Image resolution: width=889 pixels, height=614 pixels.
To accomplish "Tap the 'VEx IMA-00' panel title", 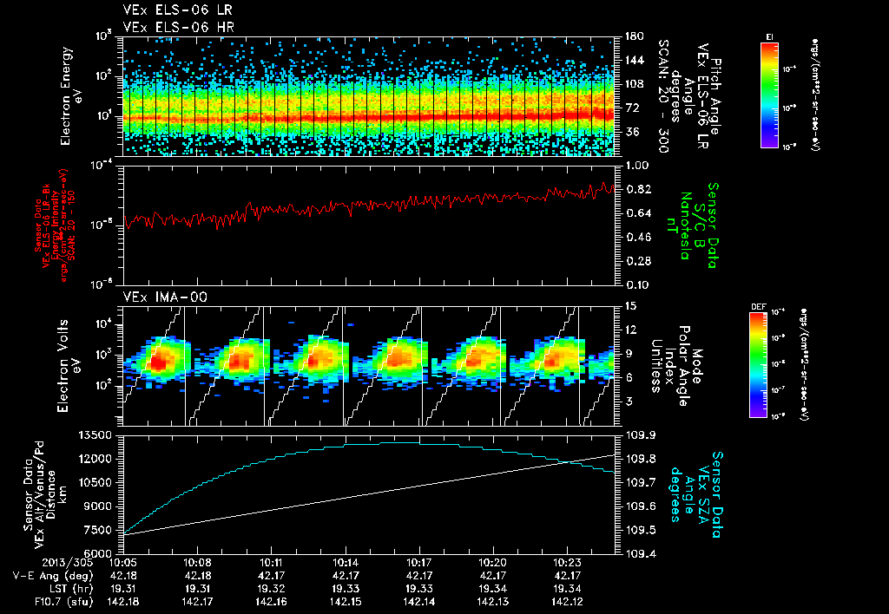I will click(154, 297).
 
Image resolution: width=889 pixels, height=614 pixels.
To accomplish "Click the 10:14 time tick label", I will click(346, 563).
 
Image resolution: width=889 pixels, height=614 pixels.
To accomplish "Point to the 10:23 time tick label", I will click(567, 563).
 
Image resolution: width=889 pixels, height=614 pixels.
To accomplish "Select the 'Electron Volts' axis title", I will click(67, 364).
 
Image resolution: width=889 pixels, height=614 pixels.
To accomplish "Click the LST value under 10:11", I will click(272, 587).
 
